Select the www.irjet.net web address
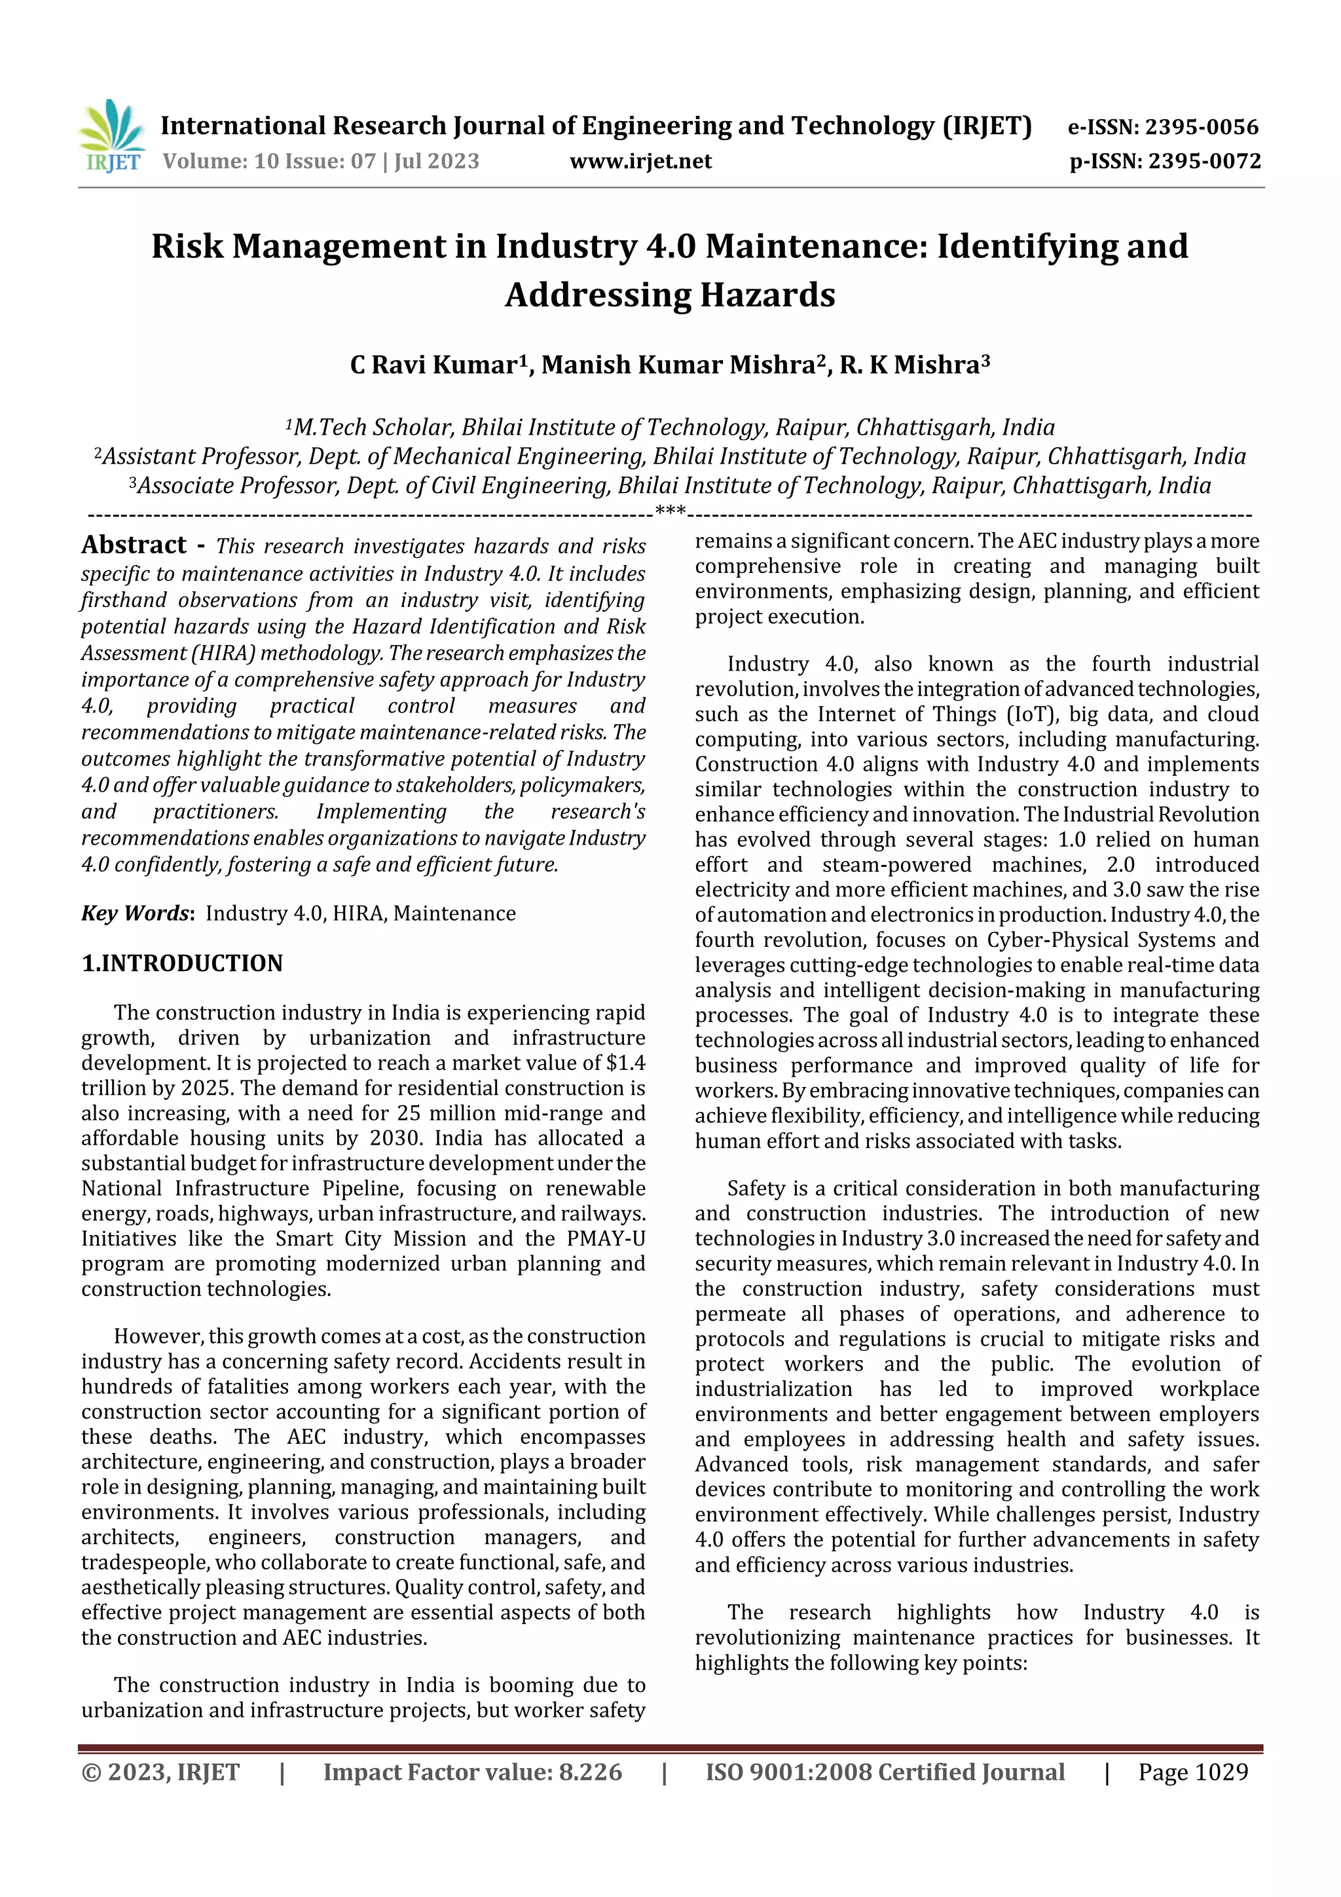coord(640,161)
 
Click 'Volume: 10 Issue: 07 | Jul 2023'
coord(321,161)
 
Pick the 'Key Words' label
coord(136,913)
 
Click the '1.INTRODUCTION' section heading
coord(182,963)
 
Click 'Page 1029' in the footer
coord(1192,1772)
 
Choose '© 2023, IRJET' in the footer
coord(160,1772)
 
